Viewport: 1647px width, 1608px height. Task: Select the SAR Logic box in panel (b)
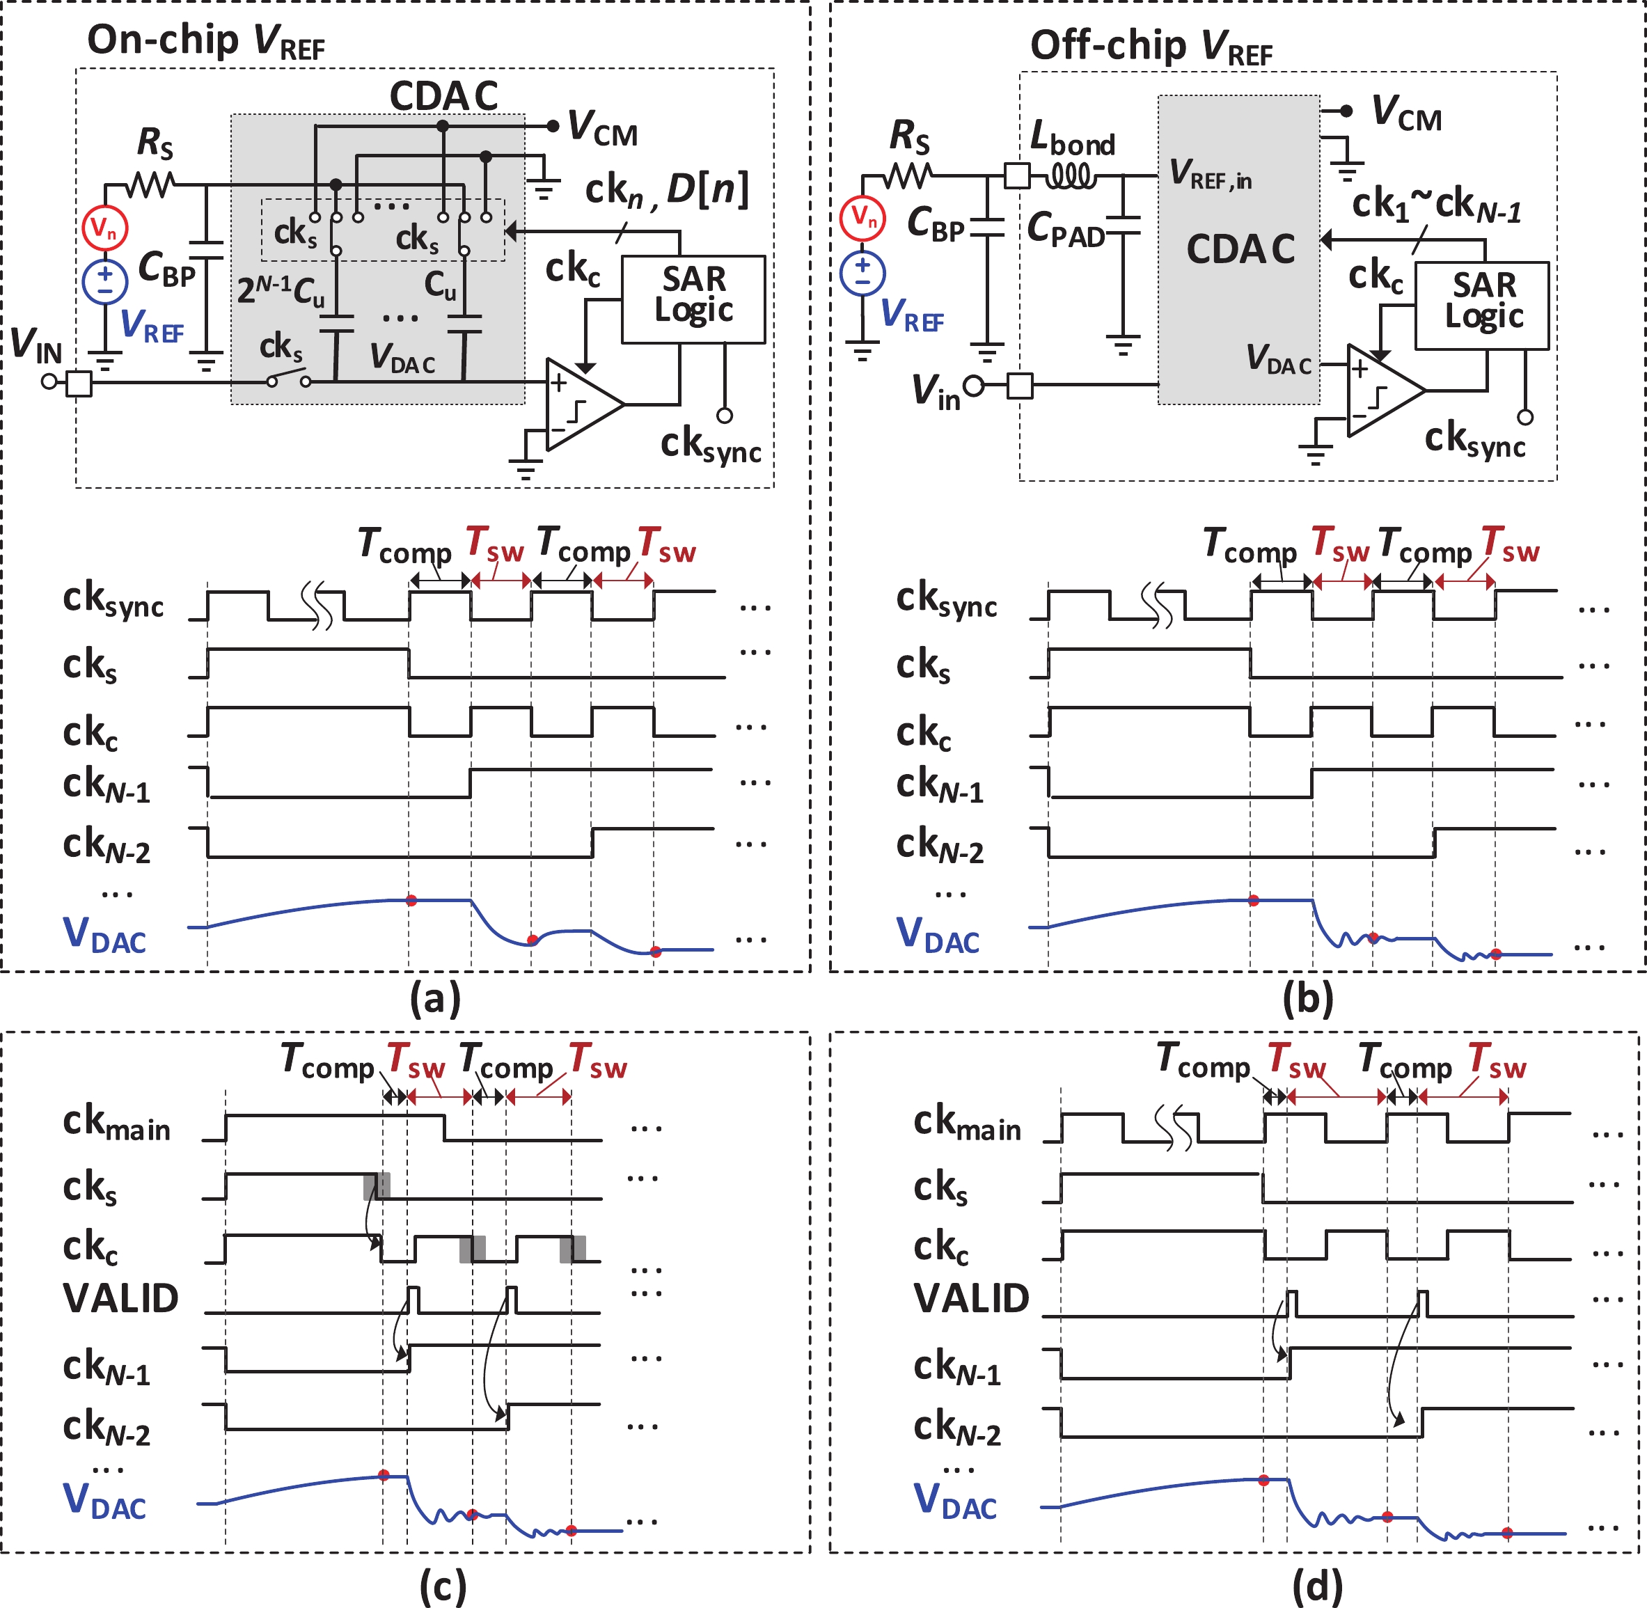click(1481, 305)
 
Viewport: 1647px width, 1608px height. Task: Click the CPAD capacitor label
click(1065, 229)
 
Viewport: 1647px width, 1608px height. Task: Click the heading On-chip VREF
click(205, 41)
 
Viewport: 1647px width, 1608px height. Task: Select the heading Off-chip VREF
click(1151, 47)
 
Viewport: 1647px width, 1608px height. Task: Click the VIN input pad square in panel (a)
click(79, 384)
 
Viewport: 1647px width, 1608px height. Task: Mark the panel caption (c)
click(442, 1586)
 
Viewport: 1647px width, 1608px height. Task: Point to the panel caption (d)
click(1317, 1586)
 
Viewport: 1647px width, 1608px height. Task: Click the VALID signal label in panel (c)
click(121, 1298)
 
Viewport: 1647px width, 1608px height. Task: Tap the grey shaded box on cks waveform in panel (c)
click(377, 1185)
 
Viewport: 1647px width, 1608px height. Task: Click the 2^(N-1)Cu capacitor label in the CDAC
click(281, 290)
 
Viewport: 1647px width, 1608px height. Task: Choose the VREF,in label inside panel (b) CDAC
click(1209, 174)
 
